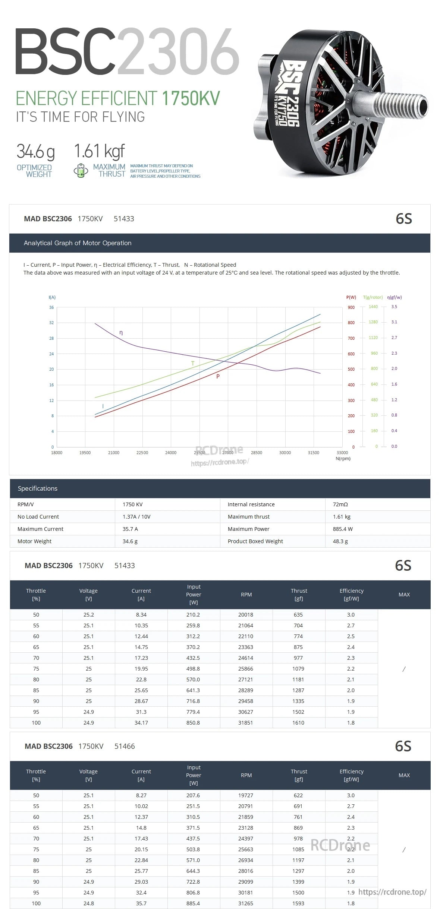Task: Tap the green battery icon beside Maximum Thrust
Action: (81, 170)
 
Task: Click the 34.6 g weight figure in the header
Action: (35, 151)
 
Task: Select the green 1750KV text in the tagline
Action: (191, 98)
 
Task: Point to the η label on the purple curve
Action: (121, 332)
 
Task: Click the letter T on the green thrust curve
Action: (193, 363)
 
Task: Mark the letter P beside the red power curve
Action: (218, 376)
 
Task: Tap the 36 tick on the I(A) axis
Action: (51, 307)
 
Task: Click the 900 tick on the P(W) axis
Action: (351, 307)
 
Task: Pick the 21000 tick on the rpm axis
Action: (114, 453)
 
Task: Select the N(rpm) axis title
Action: (343, 459)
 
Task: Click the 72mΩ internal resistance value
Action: (340, 504)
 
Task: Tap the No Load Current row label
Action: (38, 517)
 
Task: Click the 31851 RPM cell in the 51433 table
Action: (246, 723)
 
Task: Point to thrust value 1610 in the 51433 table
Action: (298, 723)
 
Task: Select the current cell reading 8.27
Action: (141, 795)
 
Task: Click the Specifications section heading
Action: (38, 488)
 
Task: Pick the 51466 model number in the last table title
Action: (125, 746)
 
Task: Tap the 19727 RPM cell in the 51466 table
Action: (246, 795)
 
